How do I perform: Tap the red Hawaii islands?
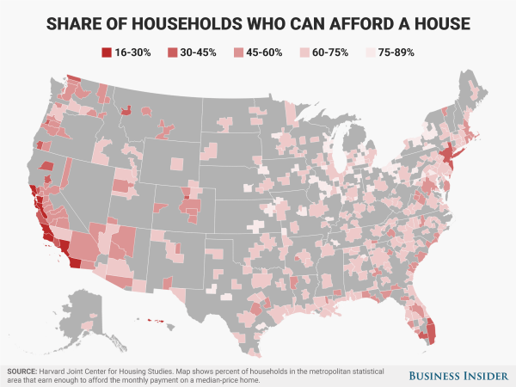point(156,322)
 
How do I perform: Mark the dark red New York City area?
point(448,157)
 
